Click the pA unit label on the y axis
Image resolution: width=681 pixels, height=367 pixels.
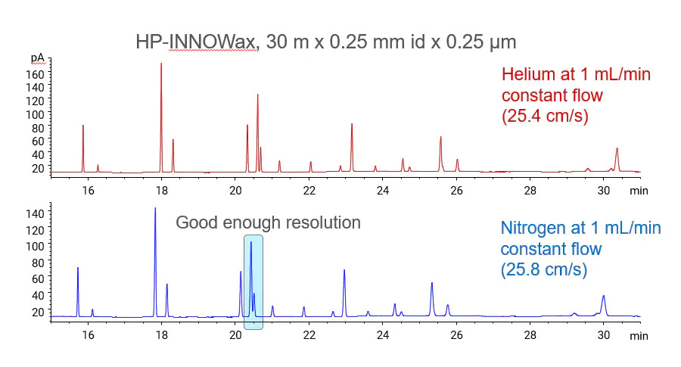37,58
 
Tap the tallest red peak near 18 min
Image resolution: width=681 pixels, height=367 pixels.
161,64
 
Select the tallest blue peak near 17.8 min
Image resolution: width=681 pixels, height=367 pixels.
155,209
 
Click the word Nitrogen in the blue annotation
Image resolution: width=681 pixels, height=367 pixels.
532,228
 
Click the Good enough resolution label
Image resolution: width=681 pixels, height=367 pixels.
268,223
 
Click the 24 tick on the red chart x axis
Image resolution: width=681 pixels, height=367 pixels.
382,190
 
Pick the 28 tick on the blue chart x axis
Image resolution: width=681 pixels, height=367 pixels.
530,334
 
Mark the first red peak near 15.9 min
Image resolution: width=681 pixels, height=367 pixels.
83,126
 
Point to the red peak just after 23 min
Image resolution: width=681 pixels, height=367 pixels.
351,125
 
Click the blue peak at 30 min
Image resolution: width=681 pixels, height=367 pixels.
603,297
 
